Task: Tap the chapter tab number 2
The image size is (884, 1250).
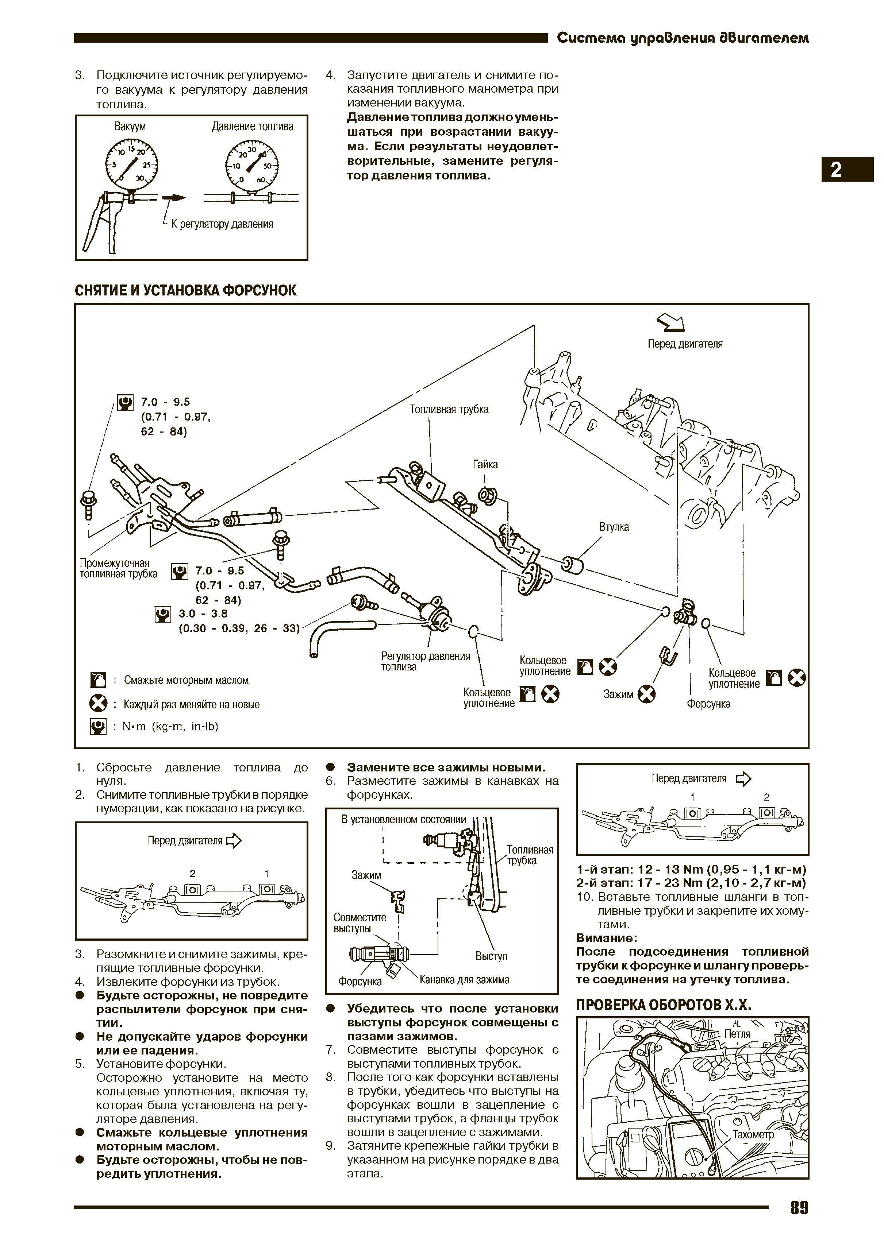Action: (836, 170)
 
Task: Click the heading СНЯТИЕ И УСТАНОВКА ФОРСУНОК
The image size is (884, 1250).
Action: (185, 290)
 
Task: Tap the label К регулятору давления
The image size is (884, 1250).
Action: (222, 224)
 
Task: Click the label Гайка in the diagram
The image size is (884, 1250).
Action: (485, 464)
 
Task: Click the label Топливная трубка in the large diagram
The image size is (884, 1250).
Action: (449, 409)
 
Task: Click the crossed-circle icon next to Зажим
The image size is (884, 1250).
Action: (646, 694)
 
